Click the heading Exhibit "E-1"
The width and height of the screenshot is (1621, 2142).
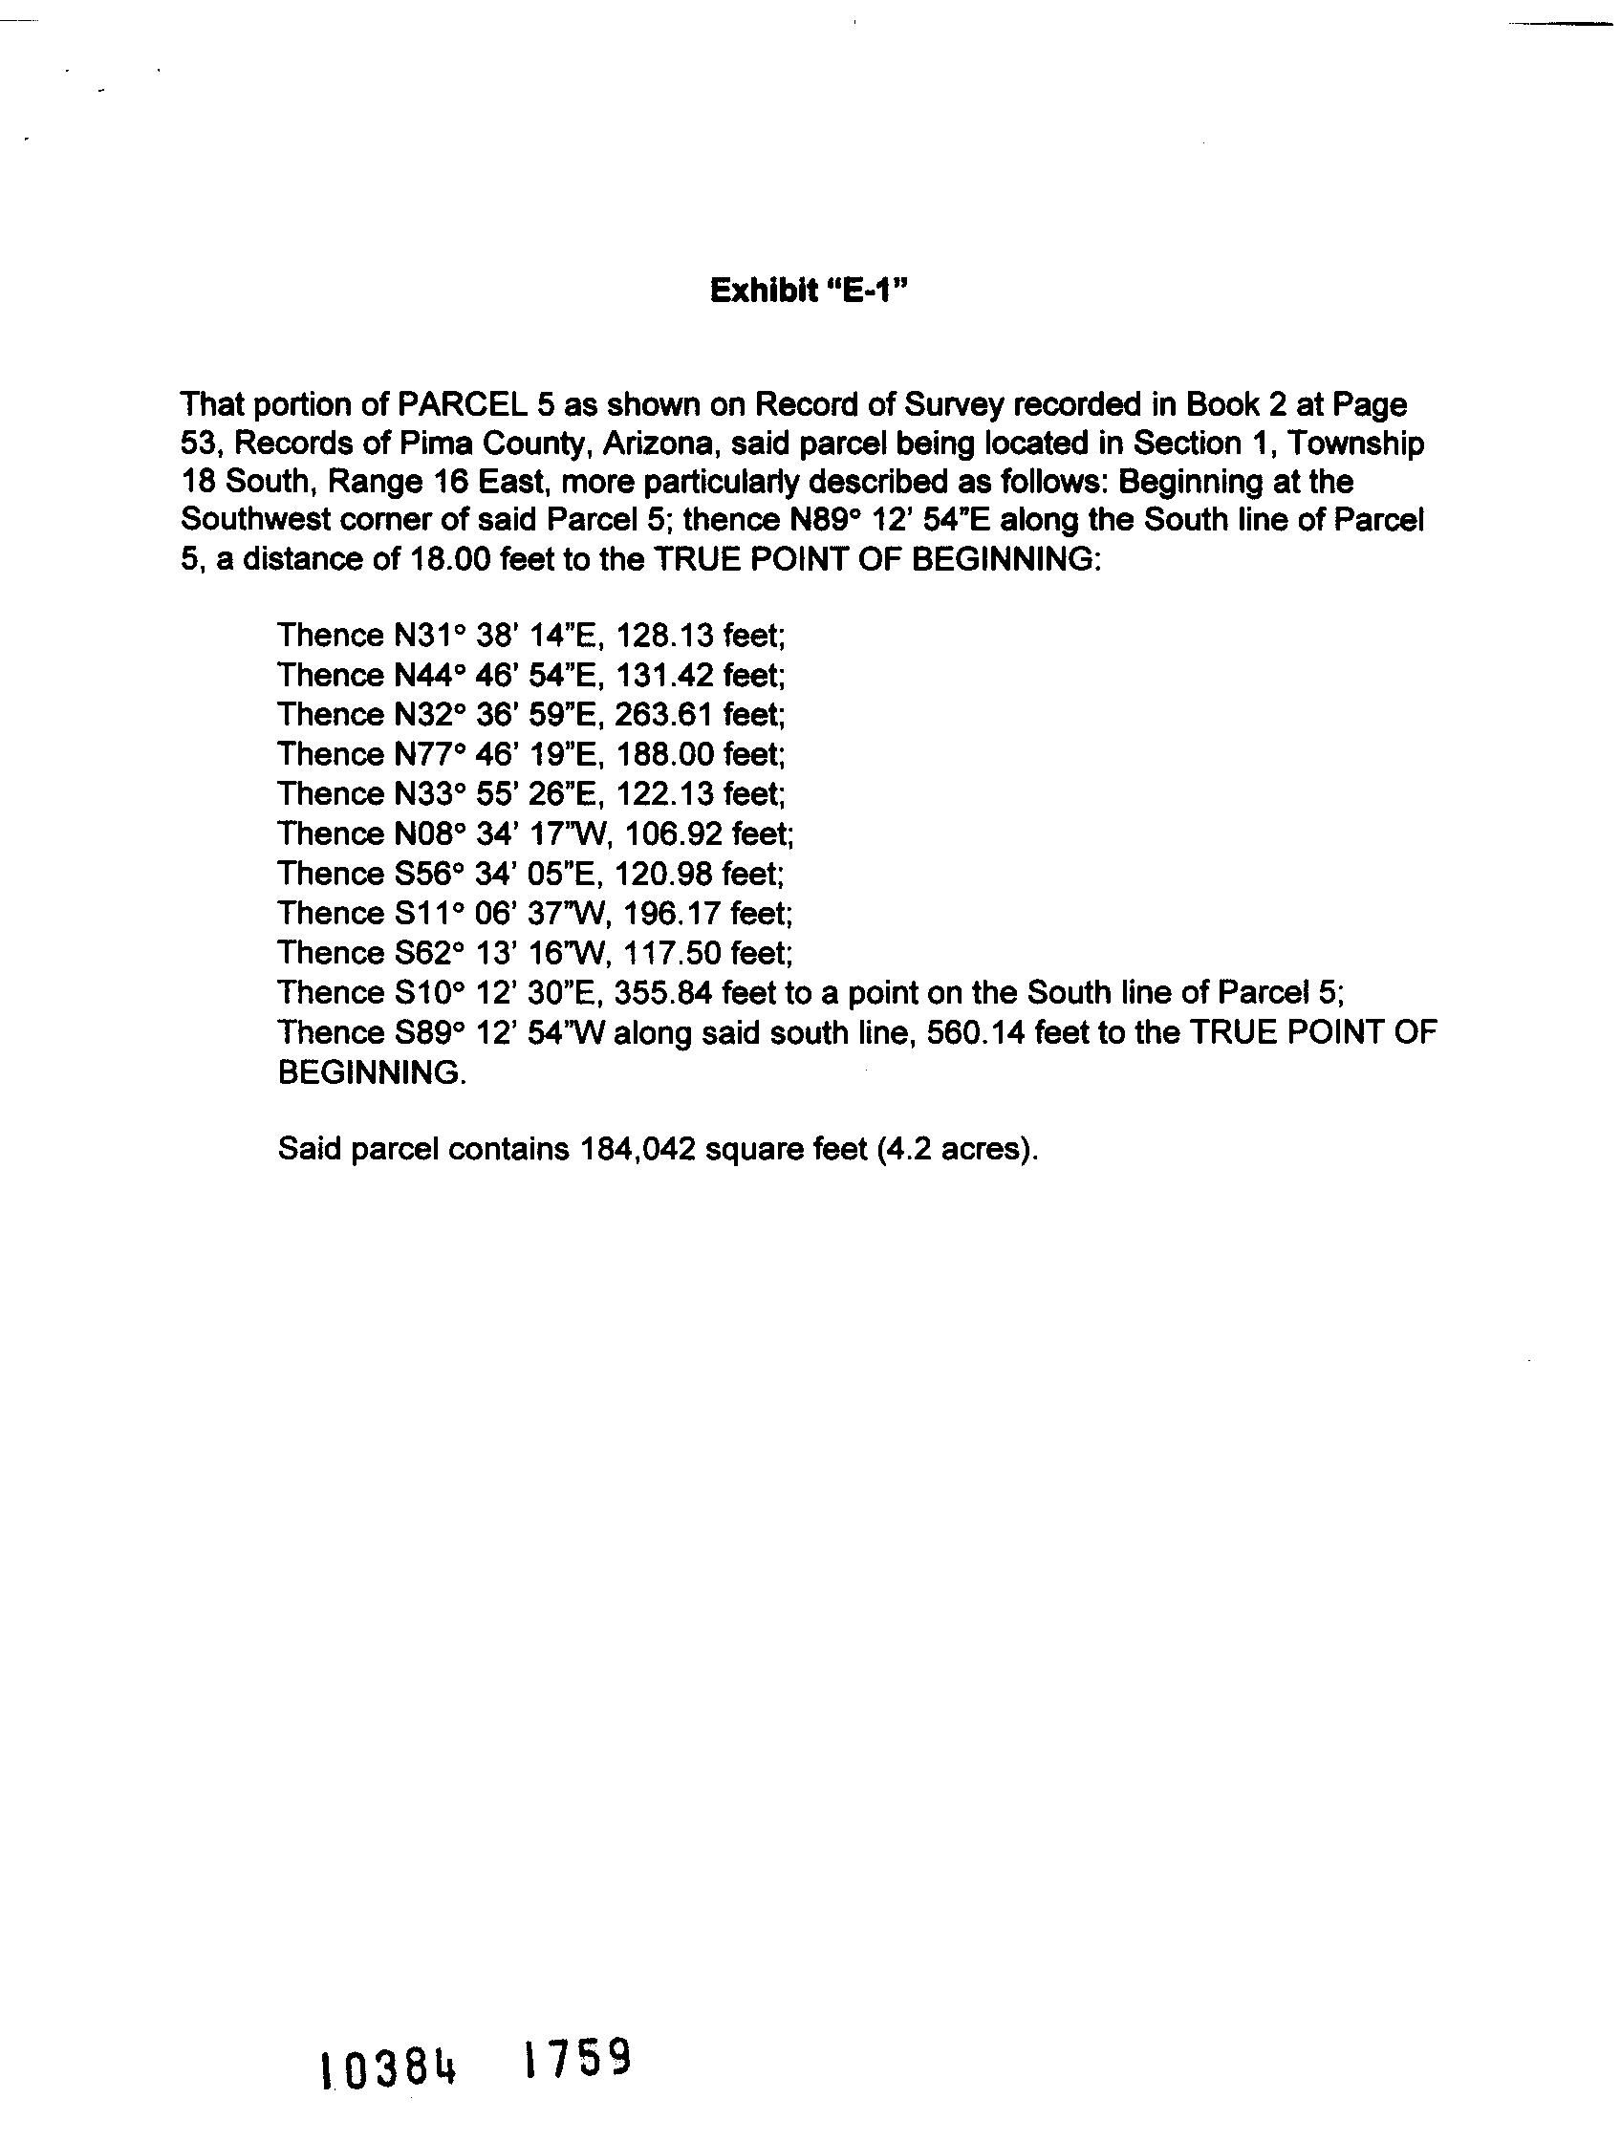[x=809, y=291]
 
